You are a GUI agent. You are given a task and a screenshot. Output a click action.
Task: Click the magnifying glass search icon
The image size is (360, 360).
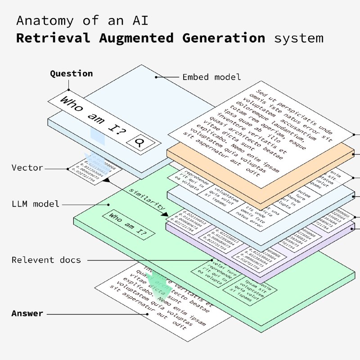(140, 143)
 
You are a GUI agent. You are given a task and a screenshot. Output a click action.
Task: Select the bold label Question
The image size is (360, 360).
(71, 74)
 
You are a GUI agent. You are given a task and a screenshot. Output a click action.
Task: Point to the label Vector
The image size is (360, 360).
(27, 168)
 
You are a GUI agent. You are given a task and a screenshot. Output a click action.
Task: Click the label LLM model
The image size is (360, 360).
(36, 204)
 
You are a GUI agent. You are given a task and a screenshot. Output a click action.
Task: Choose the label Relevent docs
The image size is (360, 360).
(46, 260)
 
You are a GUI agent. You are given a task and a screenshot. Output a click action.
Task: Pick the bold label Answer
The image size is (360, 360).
(27, 313)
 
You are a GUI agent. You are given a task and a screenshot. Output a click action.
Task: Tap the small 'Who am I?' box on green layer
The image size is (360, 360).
(128, 224)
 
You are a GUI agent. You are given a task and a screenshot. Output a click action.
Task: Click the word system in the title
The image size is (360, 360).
(299, 38)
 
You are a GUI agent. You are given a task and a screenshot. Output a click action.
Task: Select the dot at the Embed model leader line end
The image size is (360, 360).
(156, 77)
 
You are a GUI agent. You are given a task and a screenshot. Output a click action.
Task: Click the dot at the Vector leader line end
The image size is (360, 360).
(68, 169)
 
